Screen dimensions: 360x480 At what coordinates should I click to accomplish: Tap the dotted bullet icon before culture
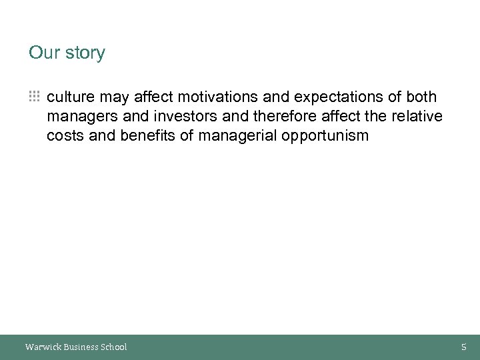click(34, 97)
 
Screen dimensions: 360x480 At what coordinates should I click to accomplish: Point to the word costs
click(65, 137)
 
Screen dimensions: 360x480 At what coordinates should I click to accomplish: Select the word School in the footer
click(113, 347)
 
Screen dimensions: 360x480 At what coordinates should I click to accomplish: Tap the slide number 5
click(464, 347)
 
